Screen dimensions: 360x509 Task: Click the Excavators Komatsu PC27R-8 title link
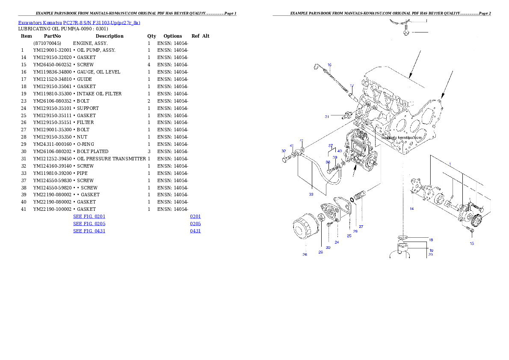point(79,23)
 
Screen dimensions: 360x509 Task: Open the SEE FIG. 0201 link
point(89,216)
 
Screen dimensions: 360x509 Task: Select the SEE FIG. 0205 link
point(89,224)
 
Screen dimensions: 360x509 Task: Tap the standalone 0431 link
point(195,231)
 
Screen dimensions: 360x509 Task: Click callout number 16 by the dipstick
point(329,65)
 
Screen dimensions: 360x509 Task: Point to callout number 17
point(352,86)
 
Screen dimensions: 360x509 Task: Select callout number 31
point(327,116)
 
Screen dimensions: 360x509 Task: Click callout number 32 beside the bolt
point(284,151)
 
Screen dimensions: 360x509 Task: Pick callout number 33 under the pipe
point(311,194)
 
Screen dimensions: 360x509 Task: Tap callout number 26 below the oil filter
point(305,255)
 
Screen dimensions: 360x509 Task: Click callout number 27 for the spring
point(361,227)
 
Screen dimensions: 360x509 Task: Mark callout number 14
point(411,209)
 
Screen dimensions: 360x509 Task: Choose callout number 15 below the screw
point(472,243)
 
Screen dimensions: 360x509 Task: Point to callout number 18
point(431,240)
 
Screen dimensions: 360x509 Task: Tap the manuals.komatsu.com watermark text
point(402,138)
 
